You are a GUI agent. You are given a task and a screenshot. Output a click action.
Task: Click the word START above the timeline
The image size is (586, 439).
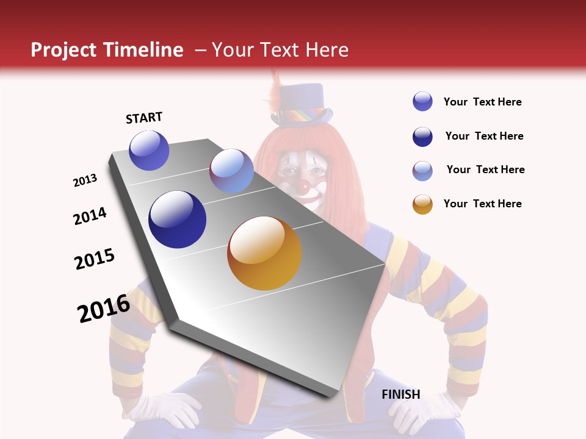pos(144,118)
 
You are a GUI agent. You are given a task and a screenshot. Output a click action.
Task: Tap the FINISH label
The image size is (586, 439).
pos(401,394)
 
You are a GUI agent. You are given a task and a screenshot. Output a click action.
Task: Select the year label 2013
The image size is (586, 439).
pos(85,180)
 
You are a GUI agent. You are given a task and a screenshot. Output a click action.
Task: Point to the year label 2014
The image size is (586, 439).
pos(90,216)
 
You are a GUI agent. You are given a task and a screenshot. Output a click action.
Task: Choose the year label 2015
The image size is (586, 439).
pos(95,259)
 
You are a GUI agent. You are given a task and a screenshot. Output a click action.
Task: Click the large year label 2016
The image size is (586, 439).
pos(104,309)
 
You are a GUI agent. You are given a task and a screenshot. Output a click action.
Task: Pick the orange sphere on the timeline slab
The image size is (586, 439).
pos(264,253)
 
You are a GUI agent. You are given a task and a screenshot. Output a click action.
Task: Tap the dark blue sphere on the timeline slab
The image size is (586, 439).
pos(177,220)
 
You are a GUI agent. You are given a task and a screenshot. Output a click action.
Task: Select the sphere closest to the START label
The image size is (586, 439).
pos(149,151)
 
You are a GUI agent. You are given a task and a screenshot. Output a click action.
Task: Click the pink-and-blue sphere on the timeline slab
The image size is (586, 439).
pos(231,171)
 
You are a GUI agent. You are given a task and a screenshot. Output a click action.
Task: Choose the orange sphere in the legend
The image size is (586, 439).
pos(422,204)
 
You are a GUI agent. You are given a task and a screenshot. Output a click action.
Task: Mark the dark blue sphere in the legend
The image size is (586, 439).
pos(422,137)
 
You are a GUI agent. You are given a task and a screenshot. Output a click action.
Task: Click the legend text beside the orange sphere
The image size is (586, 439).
pos(482,204)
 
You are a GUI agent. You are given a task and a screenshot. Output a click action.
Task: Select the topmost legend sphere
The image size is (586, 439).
pos(422,101)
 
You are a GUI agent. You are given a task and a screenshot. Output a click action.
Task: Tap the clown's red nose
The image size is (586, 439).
pos(303,187)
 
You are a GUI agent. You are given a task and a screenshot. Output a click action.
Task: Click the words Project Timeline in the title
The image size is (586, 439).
pos(107,50)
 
